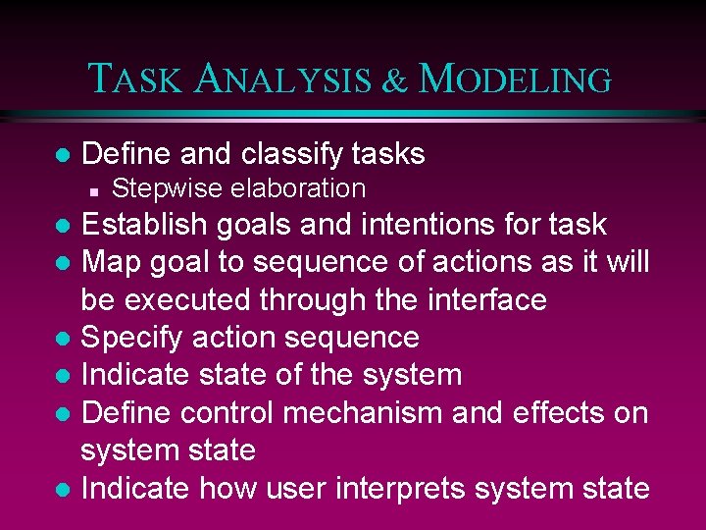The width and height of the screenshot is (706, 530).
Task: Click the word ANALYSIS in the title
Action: pos(284,79)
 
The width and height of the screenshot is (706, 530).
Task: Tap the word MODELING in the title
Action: pos(515,79)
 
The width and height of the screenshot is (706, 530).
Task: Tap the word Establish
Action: pos(144,225)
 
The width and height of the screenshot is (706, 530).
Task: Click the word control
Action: pos(212,413)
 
